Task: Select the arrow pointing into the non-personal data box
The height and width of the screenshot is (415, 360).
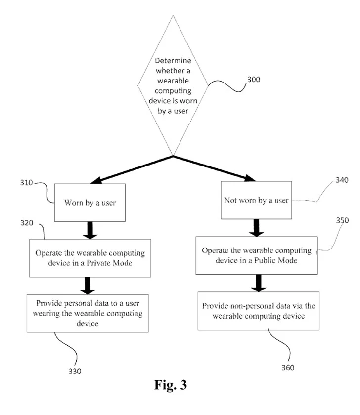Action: pos(256,283)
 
